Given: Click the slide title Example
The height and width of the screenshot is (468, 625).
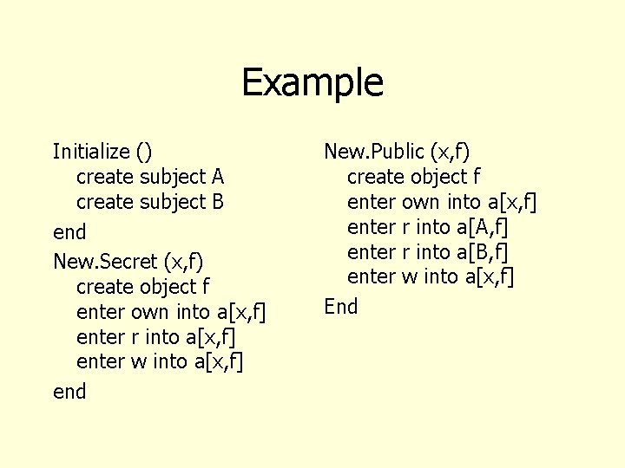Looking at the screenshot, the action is tap(312, 82).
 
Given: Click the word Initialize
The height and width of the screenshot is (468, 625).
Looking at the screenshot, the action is tap(90, 152).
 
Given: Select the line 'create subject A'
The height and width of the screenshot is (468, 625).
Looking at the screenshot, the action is tap(150, 177).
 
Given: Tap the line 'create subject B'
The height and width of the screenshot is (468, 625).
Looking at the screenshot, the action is tap(150, 202).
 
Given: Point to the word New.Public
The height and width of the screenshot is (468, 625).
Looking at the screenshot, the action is tap(373, 152).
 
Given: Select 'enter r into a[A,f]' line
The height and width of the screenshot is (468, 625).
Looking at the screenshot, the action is tap(427, 227).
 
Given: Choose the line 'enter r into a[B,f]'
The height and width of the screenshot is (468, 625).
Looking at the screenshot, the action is tap(427, 252).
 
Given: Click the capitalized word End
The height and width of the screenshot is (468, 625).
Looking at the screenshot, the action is tap(340, 306).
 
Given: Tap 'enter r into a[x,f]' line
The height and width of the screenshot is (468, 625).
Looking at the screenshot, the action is tap(156, 336).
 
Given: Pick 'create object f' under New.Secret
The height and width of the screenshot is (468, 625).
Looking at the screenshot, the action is tap(143, 286).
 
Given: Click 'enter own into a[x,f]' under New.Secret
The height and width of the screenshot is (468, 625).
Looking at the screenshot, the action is tap(171, 311).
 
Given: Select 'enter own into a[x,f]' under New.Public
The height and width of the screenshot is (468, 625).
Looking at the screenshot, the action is tap(442, 202).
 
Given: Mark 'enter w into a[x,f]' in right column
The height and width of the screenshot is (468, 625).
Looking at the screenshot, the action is tap(431, 277).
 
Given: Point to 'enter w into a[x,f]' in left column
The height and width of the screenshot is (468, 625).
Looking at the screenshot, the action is tap(160, 361).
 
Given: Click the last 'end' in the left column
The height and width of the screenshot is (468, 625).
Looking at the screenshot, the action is tap(69, 392).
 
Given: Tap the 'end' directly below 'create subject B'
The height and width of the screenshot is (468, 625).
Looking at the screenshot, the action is tap(69, 232).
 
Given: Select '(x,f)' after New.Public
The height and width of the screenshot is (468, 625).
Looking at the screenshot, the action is tap(450, 152).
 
